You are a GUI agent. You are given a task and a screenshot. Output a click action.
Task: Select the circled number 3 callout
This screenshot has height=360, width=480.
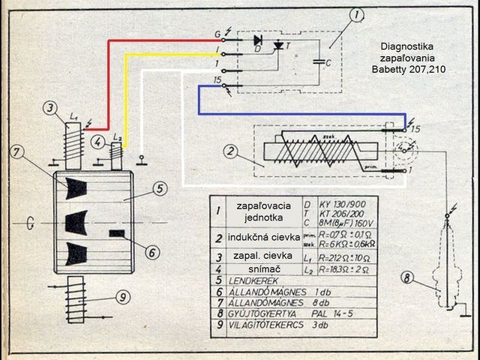[49, 108]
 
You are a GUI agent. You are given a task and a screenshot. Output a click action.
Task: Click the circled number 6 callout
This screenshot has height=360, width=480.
[151, 253]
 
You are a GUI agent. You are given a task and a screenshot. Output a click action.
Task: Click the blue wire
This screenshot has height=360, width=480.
[300, 114]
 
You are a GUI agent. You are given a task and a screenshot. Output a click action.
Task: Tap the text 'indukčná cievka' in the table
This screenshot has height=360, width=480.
[259, 238]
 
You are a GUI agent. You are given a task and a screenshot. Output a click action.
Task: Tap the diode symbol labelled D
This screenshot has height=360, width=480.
[258, 40]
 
